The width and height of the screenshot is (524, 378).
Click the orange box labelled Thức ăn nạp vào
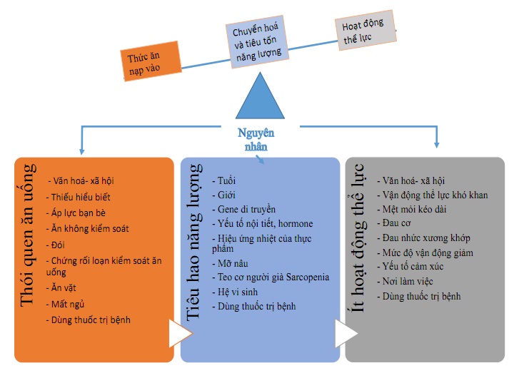[x=151, y=61]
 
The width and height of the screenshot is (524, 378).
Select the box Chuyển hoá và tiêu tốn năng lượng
[x=257, y=41]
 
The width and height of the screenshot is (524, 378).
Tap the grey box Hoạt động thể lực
[x=366, y=31]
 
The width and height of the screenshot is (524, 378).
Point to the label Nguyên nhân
[x=256, y=140]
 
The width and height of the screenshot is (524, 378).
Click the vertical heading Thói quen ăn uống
[x=27, y=235]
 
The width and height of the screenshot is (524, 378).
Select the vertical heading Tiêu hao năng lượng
[x=193, y=242]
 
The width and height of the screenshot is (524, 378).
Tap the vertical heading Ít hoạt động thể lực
[x=358, y=238]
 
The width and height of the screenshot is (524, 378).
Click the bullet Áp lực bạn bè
[x=76, y=213]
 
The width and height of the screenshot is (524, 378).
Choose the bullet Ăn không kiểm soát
[x=88, y=229]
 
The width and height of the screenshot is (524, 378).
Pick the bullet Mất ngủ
[x=65, y=305]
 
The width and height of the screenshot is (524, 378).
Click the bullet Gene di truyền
[x=244, y=210]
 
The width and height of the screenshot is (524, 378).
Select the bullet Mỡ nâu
[x=231, y=263]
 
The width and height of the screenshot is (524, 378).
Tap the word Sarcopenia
[x=308, y=277]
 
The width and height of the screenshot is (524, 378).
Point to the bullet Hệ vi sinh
[x=235, y=292]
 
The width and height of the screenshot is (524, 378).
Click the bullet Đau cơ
[x=394, y=223]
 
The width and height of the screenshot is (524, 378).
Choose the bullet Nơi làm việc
[x=405, y=282]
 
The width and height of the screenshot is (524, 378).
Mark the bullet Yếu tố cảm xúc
[x=410, y=267]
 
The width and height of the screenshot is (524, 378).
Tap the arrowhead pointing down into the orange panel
[x=82, y=152]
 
